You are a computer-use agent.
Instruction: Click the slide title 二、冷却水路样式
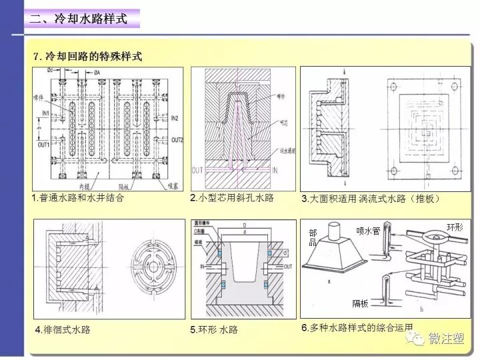click(78, 19)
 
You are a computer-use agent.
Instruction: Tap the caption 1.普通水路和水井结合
click(78, 198)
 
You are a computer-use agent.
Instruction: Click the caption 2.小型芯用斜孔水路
click(231, 198)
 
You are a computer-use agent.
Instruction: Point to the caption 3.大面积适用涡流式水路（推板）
click(371, 199)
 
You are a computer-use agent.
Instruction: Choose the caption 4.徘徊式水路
click(63, 329)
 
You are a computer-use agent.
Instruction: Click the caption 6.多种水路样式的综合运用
click(357, 327)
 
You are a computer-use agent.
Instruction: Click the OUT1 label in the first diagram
click(44, 144)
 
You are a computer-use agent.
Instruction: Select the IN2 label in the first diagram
click(174, 118)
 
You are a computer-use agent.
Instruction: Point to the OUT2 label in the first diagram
click(176, 140)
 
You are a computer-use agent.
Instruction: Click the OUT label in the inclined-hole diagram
click(197, 171)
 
